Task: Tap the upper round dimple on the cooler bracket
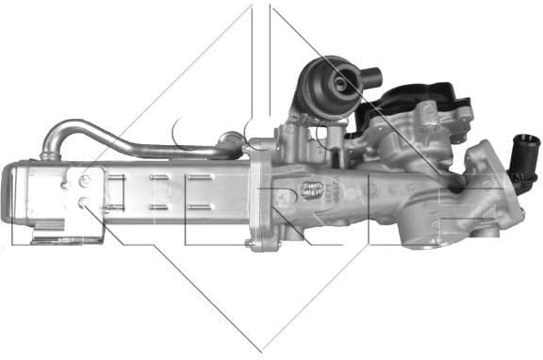coord(85,179)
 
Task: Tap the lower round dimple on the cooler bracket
coord(85,202)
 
